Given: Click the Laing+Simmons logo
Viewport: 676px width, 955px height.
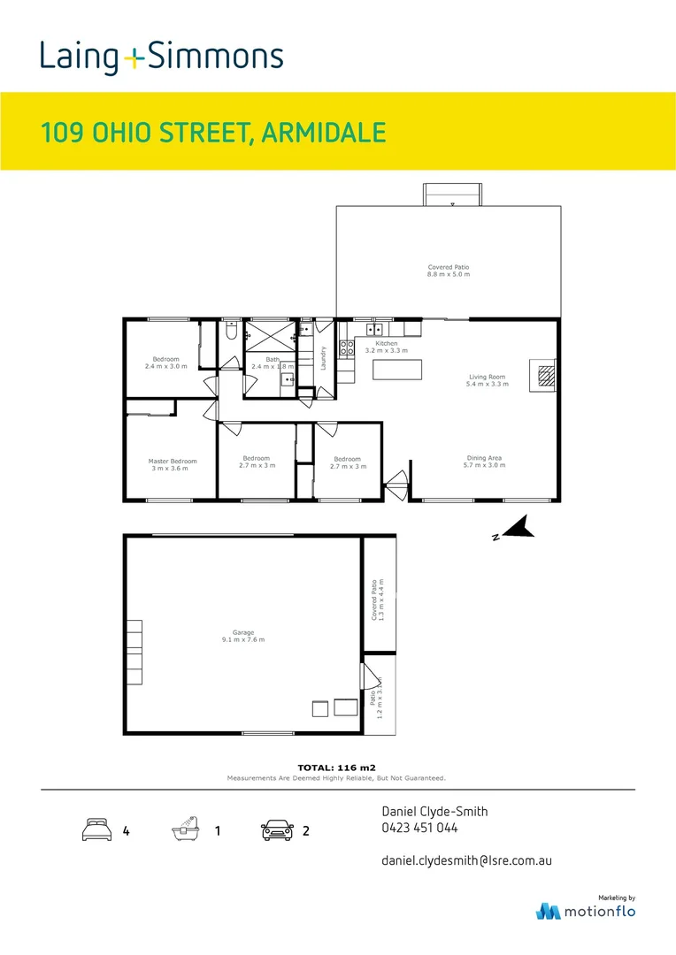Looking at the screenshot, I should click(x=161, y=57).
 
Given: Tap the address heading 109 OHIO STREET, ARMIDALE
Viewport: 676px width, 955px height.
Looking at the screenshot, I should click(x=213, y=134).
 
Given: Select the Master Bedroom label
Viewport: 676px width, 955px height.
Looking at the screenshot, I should click(x=172, y=464).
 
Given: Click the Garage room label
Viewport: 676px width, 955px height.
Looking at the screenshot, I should click(x=243, y=636).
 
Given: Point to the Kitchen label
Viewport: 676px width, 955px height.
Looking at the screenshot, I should click(x=387, y=347).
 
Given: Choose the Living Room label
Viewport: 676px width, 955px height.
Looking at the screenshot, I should click(x=488, y=380).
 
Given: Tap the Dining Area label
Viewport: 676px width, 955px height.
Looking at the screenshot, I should click(x=485, y=461).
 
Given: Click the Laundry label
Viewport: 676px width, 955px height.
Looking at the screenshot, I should click(x=325, y=357).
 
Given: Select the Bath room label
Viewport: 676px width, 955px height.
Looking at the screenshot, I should click(x=273, y=363).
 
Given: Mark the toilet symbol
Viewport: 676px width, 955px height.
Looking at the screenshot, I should click(x=230, y=332).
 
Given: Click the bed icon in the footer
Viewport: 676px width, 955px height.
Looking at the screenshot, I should click(x=96, y=830).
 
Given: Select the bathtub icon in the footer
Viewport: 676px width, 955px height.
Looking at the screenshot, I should click(x=186, y=829).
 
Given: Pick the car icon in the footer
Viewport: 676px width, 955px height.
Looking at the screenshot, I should click(x=277, y=830).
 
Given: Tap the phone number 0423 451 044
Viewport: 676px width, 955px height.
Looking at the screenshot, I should click(x=419, y=829).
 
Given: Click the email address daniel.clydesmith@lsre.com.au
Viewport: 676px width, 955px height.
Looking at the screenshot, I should click(x=466, y=859).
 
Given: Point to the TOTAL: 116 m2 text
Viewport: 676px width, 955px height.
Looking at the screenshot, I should click(x=337, y=768).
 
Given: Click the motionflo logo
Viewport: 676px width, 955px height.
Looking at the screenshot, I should click(x=586, y=910).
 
